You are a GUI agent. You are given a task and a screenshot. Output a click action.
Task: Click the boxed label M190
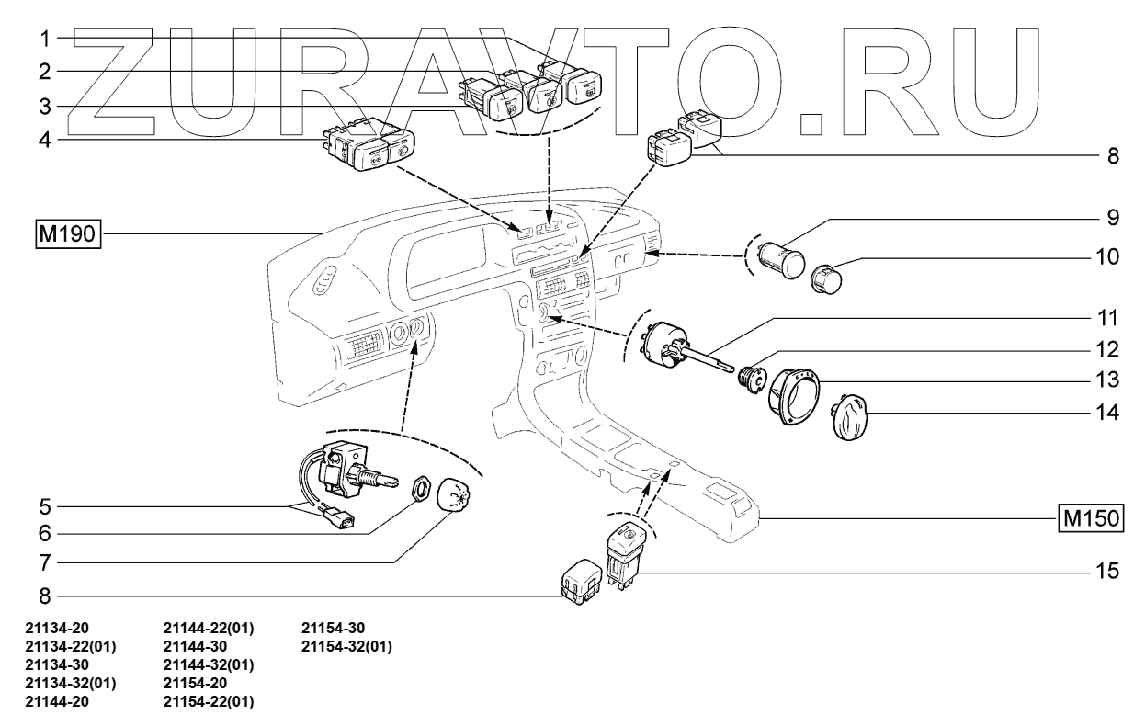pyautogui.click(x=68, y=234)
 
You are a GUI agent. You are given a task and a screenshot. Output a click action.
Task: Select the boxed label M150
pyautogui.click(x=1091, y=518)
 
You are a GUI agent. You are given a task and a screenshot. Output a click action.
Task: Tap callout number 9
pyautogui.click(x=1113, y=218)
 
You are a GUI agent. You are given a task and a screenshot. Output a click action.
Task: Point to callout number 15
pyautogui.click(x=1107, y=571)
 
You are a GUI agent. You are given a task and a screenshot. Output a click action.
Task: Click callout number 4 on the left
pyautogui.click(x=45, y=140)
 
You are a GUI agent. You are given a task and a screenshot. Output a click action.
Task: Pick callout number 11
pyautogui.click(x=1107, y=319)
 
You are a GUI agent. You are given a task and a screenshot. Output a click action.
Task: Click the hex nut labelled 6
pyautogui.click(x=421, y=489)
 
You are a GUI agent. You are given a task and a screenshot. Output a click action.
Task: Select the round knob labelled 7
pyautogui.click(x=454, y=494)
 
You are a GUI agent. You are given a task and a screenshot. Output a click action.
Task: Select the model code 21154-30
pyautogui.click(x=333, y=629)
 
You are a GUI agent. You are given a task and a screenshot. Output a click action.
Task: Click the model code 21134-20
pyautogui.click(x=57, y=629)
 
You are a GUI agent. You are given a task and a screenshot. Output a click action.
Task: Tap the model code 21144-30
pyautogui.click(x=195, y=647)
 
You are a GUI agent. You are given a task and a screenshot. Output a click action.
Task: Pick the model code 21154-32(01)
pyautogui.click(x=346, y=647)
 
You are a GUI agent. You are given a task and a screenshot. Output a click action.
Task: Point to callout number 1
pyautogui.click(x=45, y=39)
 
